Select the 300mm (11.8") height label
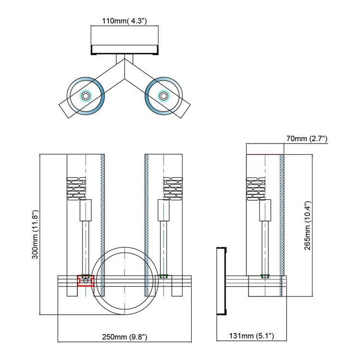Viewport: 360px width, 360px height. point(36,234)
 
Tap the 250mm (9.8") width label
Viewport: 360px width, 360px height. point(124,336)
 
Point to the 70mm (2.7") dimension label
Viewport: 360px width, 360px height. point(306,139)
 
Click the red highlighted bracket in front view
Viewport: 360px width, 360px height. point(85,281)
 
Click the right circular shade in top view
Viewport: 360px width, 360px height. point(164,96)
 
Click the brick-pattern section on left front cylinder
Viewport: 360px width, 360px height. point(76,188)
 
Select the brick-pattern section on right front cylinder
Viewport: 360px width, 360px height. point(172,188)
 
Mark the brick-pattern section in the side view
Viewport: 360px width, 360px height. point(256,188)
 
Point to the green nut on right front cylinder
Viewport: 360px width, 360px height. point(164,276)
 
